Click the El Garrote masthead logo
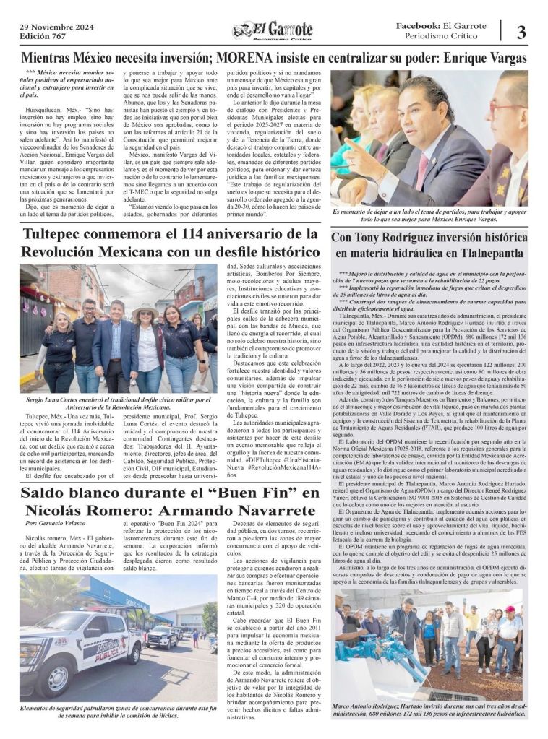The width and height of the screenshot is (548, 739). click(x=273, y=30)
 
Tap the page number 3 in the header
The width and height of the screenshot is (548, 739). click(x=521, y=31)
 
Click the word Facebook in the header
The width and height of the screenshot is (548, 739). click(x=418, y=25)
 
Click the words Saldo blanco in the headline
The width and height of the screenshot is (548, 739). click(x=75, y=493)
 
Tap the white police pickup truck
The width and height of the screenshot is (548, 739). click(x=83, y=636)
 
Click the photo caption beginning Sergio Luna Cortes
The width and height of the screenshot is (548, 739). click(x=117, y=402)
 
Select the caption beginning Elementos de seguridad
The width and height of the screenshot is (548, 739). click(x=117, y=712)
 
